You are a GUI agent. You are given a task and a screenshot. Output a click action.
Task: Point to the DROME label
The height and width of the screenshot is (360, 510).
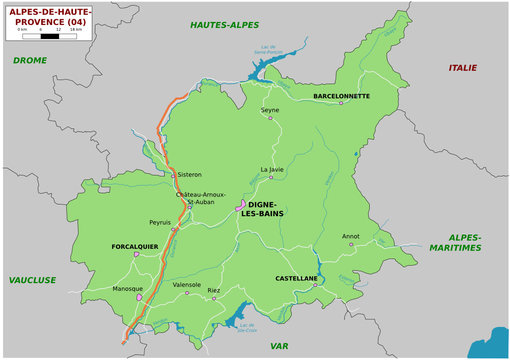tap(30, 60)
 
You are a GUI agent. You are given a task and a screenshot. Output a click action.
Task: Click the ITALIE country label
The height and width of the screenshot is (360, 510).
tap(463, 67)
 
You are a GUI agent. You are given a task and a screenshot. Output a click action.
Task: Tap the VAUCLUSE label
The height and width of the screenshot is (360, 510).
tap(32, 281)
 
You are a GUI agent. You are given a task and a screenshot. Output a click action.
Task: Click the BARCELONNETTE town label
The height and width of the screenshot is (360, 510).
tap(341, 97)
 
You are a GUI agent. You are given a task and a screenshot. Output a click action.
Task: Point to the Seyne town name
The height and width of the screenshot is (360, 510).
tap(270, 110)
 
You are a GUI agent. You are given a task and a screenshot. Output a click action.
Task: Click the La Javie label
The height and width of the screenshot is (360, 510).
tap(273, 170)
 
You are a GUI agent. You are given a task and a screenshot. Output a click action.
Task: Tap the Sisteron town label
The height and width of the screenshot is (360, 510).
tap(189, 174)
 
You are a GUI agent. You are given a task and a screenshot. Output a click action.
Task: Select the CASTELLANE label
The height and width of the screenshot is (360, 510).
tap(296, 278)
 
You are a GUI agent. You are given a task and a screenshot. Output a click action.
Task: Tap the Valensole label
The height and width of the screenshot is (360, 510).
tap(187, 285)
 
